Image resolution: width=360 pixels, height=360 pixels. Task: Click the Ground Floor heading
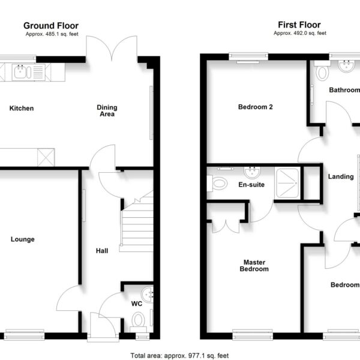coord(51,25)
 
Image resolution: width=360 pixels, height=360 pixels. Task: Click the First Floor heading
coord(299,25)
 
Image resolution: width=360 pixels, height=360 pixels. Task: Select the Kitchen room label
coord(22,108)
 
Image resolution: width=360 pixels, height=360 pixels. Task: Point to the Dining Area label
coord(107,110)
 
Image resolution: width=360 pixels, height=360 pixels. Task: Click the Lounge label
coord(23,239)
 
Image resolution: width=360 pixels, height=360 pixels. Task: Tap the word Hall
coord(102,251)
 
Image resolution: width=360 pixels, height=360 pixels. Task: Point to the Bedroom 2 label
coord(256,107)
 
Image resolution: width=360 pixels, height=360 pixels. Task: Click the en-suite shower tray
coord(287,183)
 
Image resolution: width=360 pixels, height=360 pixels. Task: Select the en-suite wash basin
coord(252,172)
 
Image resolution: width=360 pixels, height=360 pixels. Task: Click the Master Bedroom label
coord(254,266)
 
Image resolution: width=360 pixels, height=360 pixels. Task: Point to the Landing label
coord(341,176)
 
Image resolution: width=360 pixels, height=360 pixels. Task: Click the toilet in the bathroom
coord(322,71)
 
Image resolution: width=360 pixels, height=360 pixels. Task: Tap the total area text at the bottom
coord(179,356)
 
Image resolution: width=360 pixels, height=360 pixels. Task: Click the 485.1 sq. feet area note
coord(52,34)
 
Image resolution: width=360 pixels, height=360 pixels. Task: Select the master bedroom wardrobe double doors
coord(226,226)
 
